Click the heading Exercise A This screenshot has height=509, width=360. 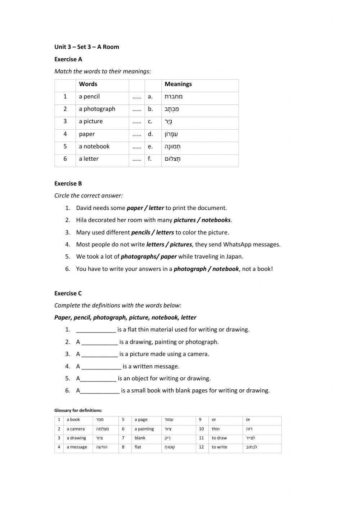point(68,59)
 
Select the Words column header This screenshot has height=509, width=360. point(88,84)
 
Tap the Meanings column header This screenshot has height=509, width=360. point(178,84)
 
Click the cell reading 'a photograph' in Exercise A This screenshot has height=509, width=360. point(97,109)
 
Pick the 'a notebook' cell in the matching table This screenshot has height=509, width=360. point(94,146)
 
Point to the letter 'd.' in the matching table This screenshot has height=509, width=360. point(150,134)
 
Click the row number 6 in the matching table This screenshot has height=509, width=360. point(65,158)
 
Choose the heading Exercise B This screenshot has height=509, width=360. point(68,183)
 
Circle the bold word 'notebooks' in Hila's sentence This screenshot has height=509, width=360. point(216,220)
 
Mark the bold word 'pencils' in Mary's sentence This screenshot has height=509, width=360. point(141,232)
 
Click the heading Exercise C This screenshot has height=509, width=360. point(68,293)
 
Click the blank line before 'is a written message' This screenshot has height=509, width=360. point(101,367)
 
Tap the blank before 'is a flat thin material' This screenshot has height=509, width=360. point(96,330)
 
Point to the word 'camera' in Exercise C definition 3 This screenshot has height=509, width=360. point(197,354)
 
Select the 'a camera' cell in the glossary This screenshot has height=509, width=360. point(76,429)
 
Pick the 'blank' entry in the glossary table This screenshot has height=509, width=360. point(140,438)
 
